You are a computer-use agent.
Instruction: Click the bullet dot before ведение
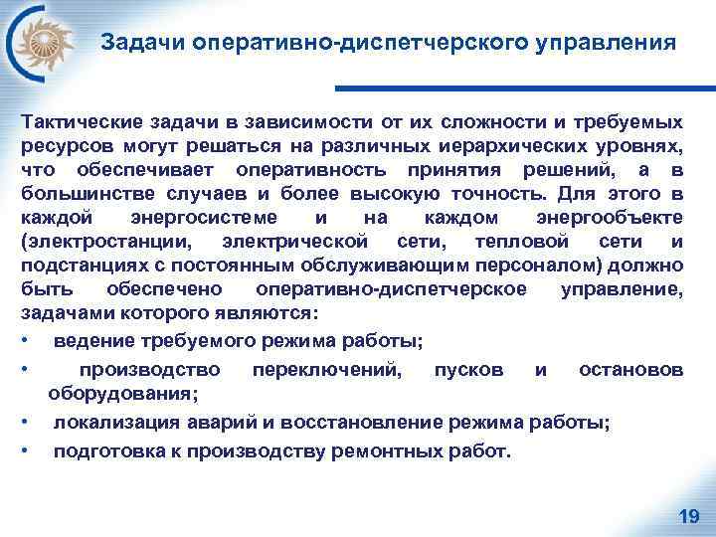pyautogui.click(x=24, y=342)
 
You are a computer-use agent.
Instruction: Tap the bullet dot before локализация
pyautogui.click(x=24, y=422)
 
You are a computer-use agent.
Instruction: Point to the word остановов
pyautogui.click(x=630, y=370)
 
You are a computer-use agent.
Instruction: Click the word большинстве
pyautogui.click(x=74, y=194)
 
